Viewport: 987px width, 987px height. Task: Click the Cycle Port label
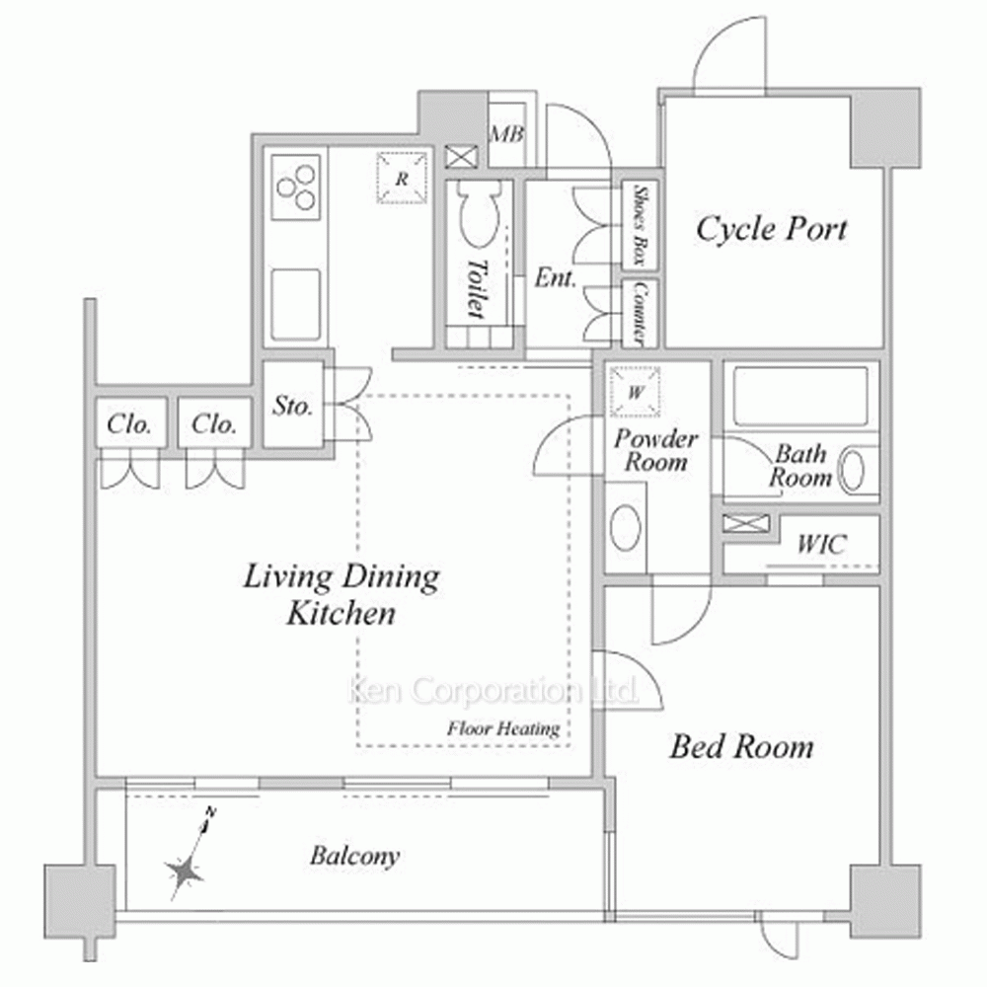771,230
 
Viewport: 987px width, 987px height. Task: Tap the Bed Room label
741,747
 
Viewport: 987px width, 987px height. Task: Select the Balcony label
355,856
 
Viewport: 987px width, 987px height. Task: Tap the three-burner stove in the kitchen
296,187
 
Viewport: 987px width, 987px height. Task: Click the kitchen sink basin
295,305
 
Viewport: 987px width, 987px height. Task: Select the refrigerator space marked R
402,179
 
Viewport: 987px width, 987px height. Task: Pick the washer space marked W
635,392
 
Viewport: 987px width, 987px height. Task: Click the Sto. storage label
293,406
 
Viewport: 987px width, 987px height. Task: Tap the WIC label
821,545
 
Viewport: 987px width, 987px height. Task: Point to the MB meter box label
506,134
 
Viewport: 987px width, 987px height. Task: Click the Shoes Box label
640,225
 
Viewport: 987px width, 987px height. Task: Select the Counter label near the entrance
640,313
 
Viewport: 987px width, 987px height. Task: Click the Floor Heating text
503,729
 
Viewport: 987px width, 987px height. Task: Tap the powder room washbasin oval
625,527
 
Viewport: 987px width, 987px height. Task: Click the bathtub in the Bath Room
800,397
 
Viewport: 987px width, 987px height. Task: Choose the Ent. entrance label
555,277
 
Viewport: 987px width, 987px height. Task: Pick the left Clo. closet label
129,424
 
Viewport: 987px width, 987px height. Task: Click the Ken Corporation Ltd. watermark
493,691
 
